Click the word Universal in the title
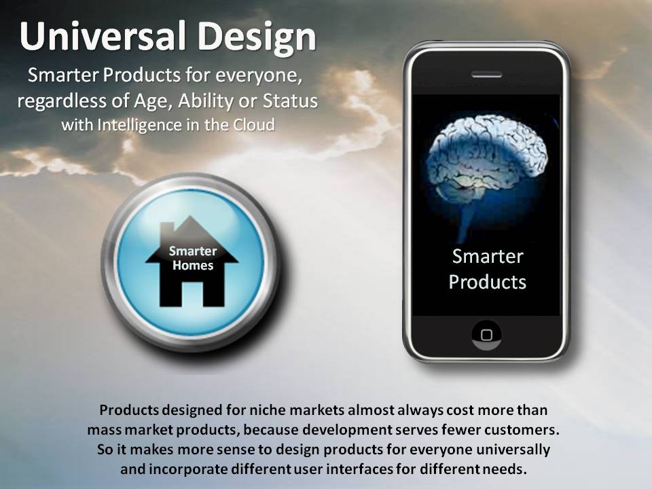click(102, 36)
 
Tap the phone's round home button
click(486, 335)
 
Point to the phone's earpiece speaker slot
click(486, 75)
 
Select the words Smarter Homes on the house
click(193, 258)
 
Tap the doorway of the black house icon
click(192, 294)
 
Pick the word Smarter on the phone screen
click(488, 256)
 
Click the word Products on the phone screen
click(488, 282)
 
